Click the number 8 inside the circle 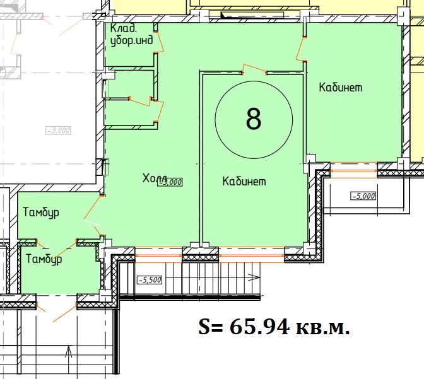click(x=254, y=119)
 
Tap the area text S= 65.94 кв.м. click(x=274, y=327)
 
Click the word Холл click(x=155, y=178)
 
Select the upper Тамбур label click(x=41, y=213)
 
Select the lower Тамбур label click(x=44, y=259)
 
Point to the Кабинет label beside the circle click(x=341, y=87)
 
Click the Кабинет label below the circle click(x=244, y=181)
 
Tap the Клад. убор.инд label click(x=131, y=35)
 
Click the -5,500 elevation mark click(x=150, y=280)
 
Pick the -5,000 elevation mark click(x=363, y=195)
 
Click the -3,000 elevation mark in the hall click(x=171, y=182)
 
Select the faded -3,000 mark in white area click(x=59, y=131)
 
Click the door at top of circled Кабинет click(x=254, y=69)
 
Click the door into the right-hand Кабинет click(x=300, y=49)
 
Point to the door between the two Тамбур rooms click(x=57, y=248)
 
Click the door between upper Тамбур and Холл click(x=93, y=216)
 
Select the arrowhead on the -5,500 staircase click(x=254, y=277)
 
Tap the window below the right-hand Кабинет click(x=354, y=170)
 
